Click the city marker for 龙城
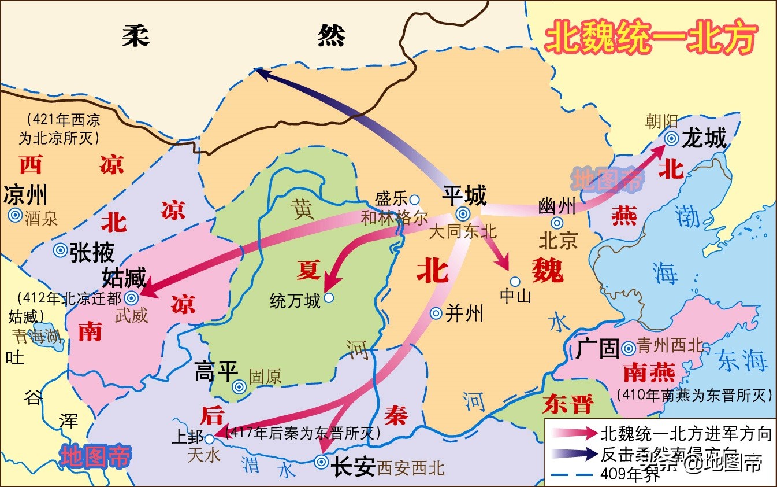click(671, 138)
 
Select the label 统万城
click(295, 301)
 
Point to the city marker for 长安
click(321, 462)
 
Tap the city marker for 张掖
click(60, 250)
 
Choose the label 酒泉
click(42, 217)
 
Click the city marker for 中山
click(515, 282)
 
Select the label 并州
click(464, 313)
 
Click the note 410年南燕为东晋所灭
click(694, 395)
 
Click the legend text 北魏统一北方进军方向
click(686, 433)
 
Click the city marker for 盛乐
click(414, 200)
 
